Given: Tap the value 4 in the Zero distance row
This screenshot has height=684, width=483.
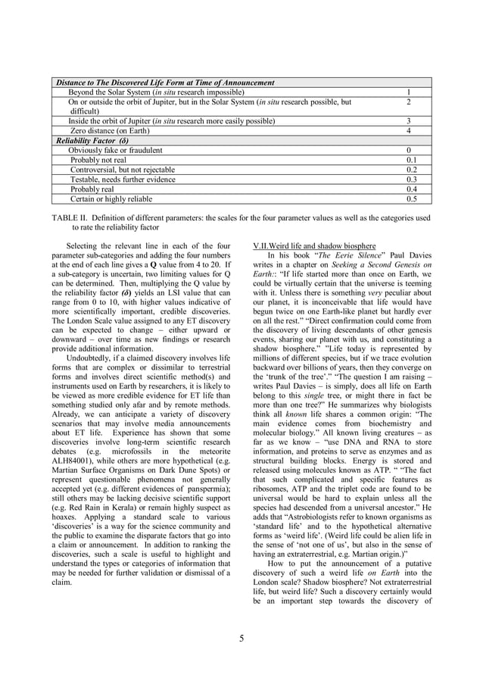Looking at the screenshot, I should click(x=408, y=130).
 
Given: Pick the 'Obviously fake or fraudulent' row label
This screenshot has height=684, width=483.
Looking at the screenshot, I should click(x=115, y=150).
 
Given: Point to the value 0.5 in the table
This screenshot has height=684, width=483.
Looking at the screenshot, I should click(x=411, y=199).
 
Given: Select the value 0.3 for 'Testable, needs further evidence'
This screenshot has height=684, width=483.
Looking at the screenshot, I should click(x=411, y=180).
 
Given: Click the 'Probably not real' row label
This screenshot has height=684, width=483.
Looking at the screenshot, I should click(x=98, y=160).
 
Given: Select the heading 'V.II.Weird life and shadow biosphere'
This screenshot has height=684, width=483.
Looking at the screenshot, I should click(x=314, y=246).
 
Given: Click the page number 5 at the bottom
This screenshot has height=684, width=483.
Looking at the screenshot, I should click(x=241, y=638).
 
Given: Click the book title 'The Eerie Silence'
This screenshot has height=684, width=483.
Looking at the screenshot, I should click(x=344, y=256).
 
